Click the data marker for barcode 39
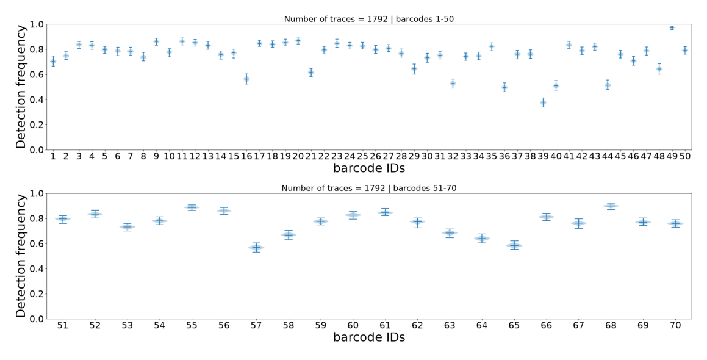[543, 103]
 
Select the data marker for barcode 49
[672, 28]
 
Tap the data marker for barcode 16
[246, 79]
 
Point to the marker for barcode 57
[256, 247]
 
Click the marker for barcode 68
[611, 206]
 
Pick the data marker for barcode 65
[514, 245]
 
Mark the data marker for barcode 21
[310, 72]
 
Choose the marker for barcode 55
[192, 207]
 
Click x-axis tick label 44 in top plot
[608, 156]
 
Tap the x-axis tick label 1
[52, 156]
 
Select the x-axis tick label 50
[685, 156]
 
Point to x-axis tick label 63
[449, 325]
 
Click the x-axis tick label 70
[675, 325]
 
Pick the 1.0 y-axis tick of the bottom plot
[37, 193]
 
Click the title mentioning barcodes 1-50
[369, 19]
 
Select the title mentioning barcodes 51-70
[369, 188]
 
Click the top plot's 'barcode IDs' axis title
[369, 168]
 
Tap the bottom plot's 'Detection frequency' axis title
[21, 256]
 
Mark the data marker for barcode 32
[453, 84]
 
